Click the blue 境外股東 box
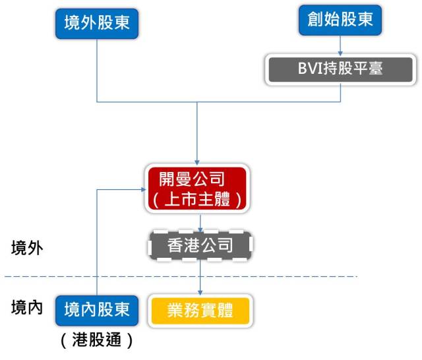pyautogui.click(x=97, y=23)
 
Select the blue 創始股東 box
pyautogui.click(x=340, y=20)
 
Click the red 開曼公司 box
pyautogui.click(x=196, y=189)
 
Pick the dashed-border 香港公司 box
pyautogui.click(x=199, y=246)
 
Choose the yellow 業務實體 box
pyautogui.click(x=200, y=310)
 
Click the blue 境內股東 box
pyautogui.click(x=97, y=310)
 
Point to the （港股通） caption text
pyautogui.click(x=97, y=342)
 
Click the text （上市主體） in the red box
pyautogui.click(x=196, y=200)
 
